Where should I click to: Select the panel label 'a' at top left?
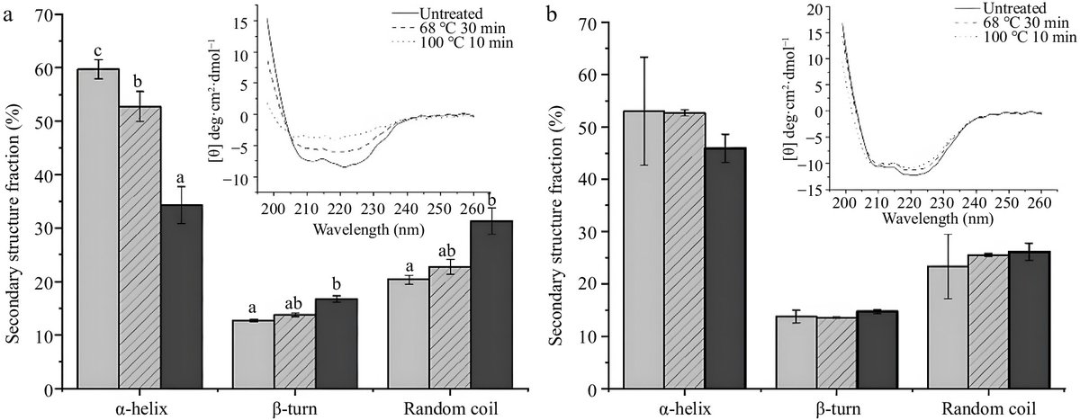7,12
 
